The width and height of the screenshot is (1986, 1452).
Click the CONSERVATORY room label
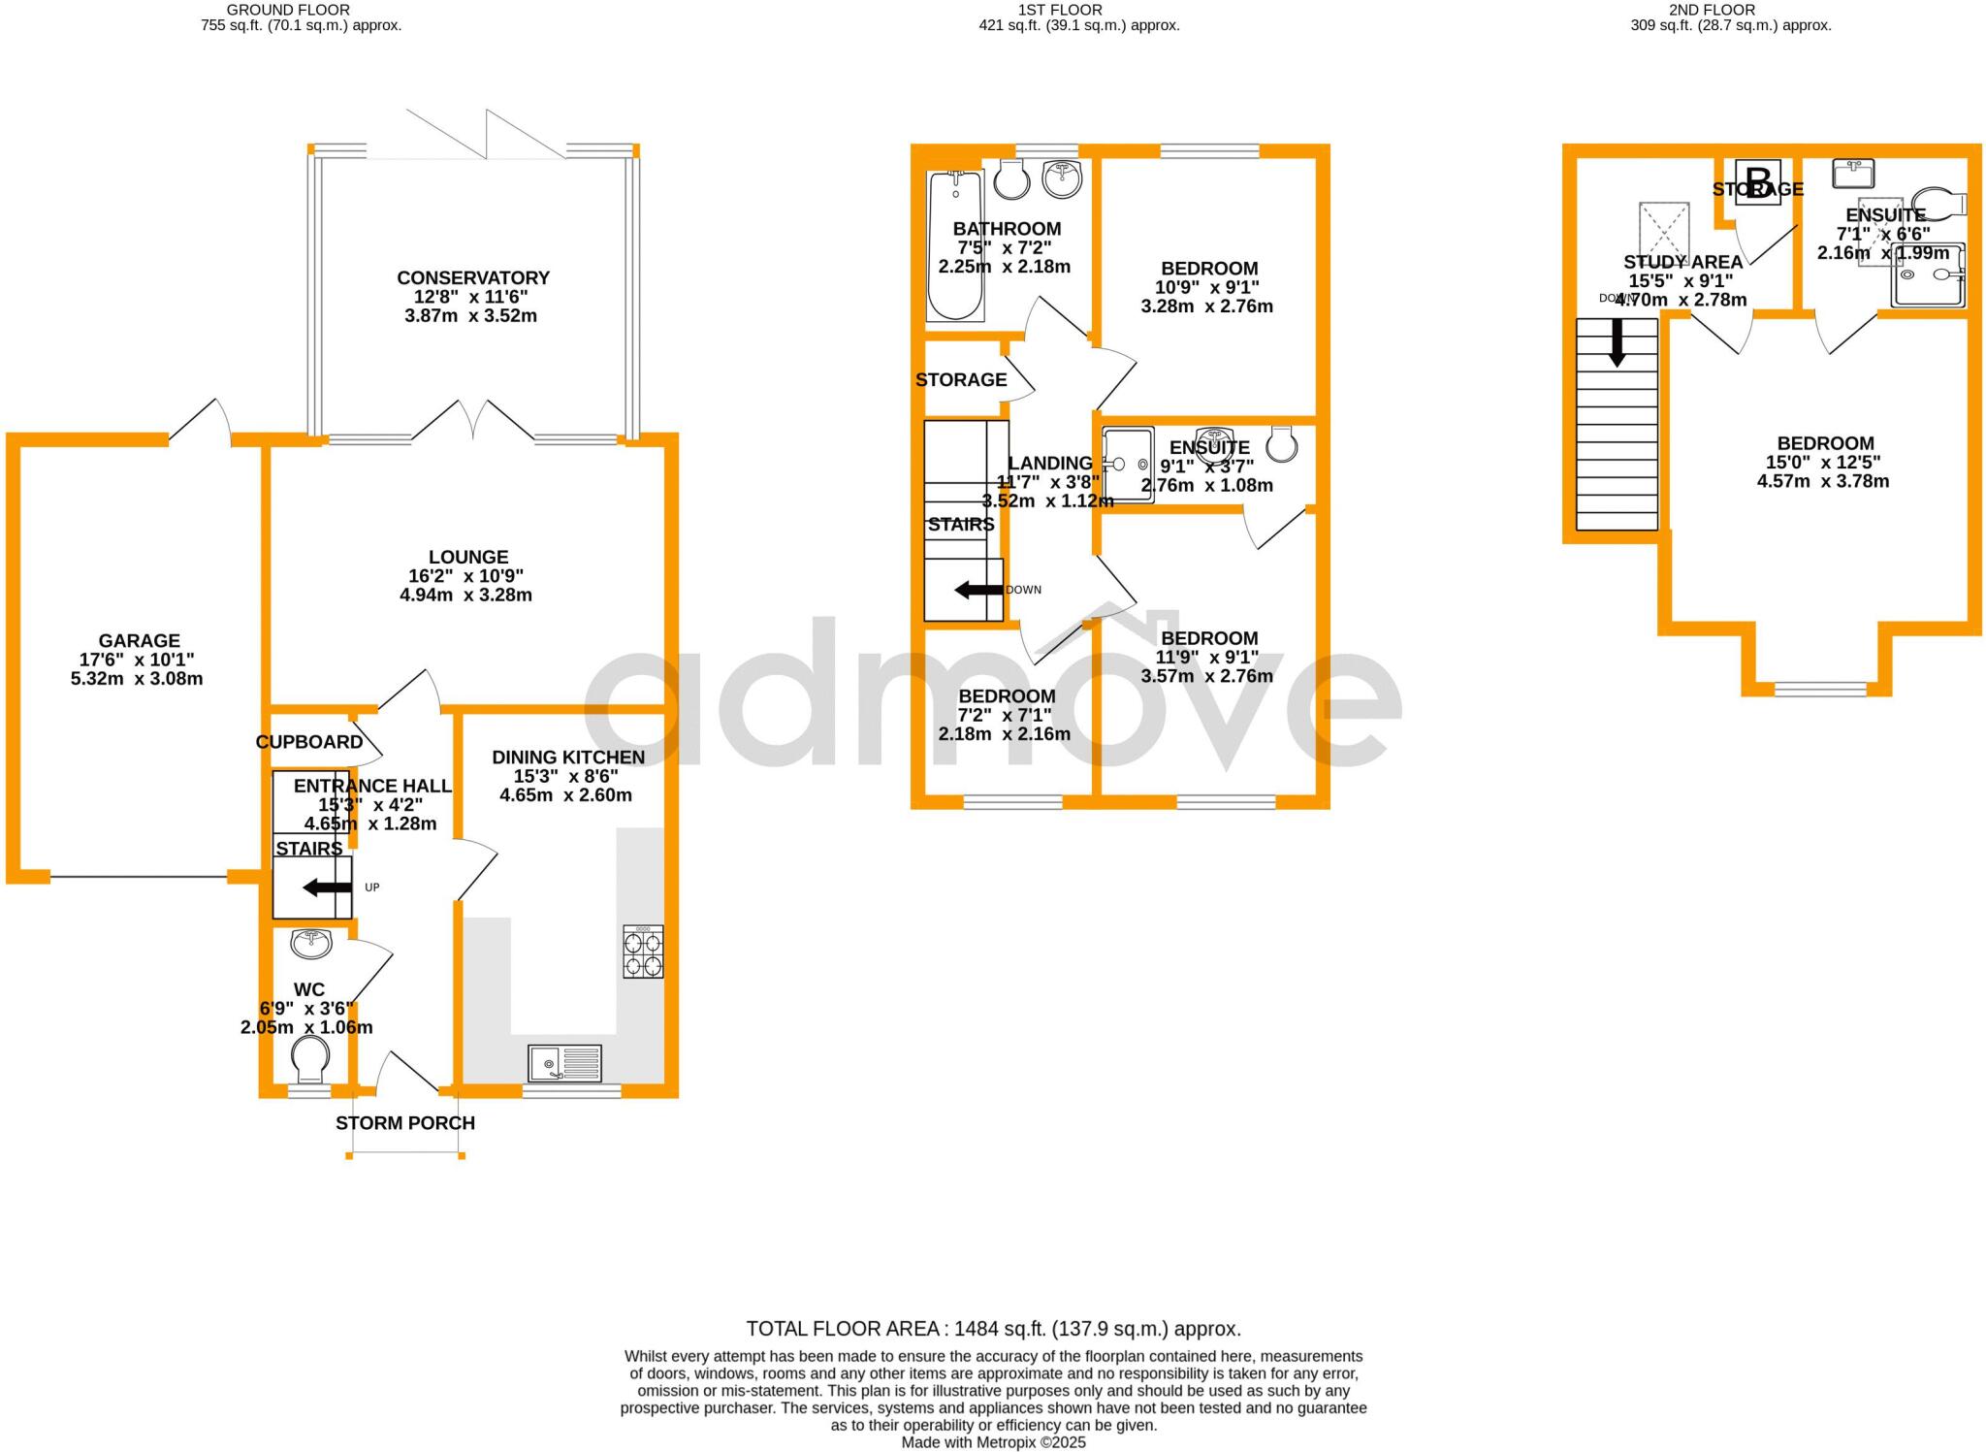[x=473, y=278]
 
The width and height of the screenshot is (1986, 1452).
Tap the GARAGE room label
[x=140, y=641]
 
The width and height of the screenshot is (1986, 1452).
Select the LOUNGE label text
[x=468, y=558]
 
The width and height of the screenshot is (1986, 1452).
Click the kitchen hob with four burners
[x=643, y=952]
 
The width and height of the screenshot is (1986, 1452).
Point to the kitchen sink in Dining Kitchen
[x=565, y=1064]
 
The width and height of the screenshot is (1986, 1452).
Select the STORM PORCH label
[x=405, y=1123]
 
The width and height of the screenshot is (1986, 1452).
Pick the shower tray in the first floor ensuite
[x=1128, y=465]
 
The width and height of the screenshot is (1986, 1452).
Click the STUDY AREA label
[x=1682, y=262]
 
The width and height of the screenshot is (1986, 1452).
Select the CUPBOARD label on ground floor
[x=309, y=742]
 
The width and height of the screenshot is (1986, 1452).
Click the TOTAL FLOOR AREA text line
[x=993, y=1329]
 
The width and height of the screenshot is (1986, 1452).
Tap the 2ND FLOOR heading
[x=1731, y=10]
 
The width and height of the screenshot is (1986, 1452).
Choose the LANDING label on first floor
[x=1050, y=464]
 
